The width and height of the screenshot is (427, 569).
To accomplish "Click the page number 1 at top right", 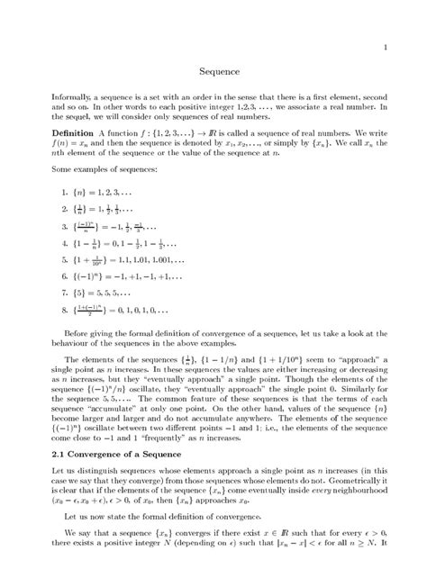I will [x=386, y=46].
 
